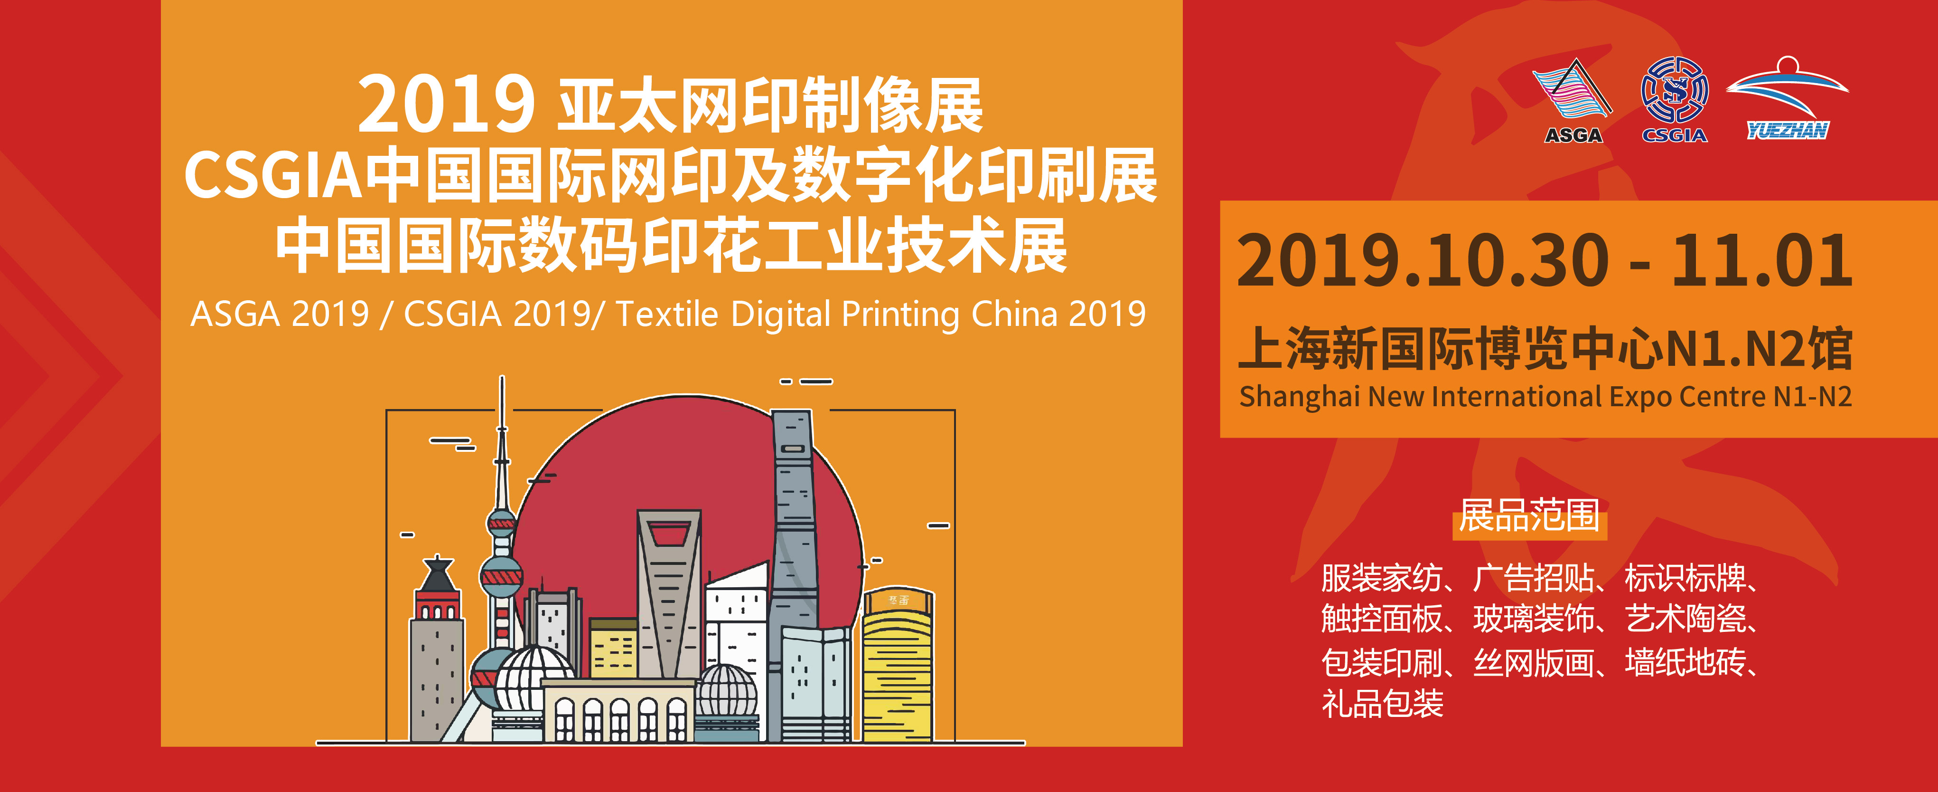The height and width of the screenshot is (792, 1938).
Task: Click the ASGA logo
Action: [1573, 100]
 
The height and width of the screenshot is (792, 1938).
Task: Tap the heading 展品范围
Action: [1529, 515]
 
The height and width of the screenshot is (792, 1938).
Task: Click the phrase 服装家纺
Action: [1382, 578]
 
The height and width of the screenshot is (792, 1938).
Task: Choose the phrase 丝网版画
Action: [1534, 662]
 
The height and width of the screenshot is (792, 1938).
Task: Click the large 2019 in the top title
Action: [446, 104]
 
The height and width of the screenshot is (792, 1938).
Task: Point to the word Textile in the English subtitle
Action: [666, 314]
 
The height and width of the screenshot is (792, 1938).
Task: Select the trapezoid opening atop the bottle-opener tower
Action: [669, 534]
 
